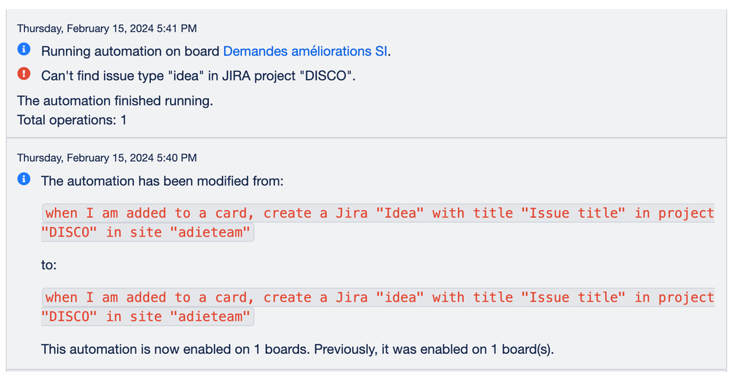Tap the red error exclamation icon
(x=24, y=73)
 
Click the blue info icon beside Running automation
(x=24, y=50)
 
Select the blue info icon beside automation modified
(x=24, y=179)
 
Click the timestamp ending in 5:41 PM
(x=106, y=29)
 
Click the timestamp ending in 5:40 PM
(x=106, y=157)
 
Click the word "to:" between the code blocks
(x=48, y=265)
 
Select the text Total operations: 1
(x=72, y=119)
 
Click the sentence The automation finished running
(x=115, y=101)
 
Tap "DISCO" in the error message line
(x=327, y=75)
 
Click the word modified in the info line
(x=216, y=181)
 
